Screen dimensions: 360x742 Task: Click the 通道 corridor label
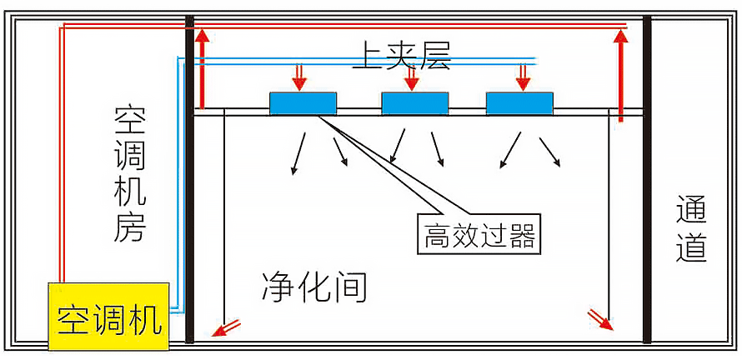click(x=691, y=229)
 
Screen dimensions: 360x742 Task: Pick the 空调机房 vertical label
click(x=130, y=175)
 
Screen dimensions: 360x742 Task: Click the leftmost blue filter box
click(x=303, y=102)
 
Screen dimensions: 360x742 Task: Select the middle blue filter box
click(x=414, y=102)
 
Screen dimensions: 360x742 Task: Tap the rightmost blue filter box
click(x=519, y=102)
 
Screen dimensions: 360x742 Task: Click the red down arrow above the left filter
click(x=300, y=78)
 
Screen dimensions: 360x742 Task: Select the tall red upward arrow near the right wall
click(x=620, y=75)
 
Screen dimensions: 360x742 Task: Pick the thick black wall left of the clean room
click(x=189, y=179)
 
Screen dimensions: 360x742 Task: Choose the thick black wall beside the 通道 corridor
click(x=647, y=179)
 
